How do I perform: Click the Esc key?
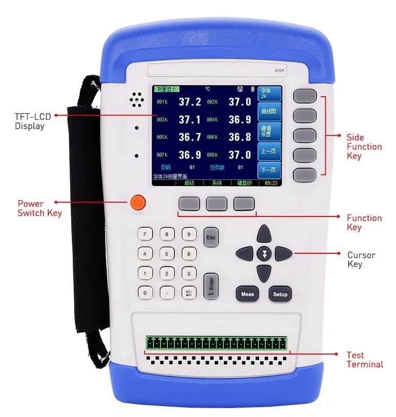click(x=211, y=237)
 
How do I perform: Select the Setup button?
click(x=280, y=294)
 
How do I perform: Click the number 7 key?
click(x=145, y=235)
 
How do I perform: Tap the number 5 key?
click(x=167, y=254)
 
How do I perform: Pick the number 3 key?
click(x=189, y=274)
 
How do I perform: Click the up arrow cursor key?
click(x=264, y=233)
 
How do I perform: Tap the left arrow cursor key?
click(x=245, y=253)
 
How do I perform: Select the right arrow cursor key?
click(x=283, y=253)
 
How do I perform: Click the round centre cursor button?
click(x=264, y=253)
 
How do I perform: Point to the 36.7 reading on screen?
click(x=190, y=137)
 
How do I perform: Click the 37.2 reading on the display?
click(x=190, y=102)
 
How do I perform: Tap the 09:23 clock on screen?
click(x=270, y=182)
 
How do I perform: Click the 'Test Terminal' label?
click(x=364, y=360)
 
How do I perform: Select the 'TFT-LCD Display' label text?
click(x=29, y=121)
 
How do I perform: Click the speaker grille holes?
click(x=135, y=100)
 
